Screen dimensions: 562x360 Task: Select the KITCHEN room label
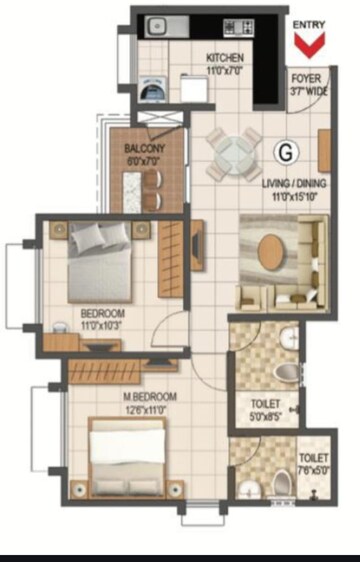(225, 58)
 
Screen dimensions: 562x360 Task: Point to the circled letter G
(286, 153)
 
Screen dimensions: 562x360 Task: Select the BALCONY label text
(145, 149)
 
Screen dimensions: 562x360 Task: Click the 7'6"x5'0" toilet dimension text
(312, 469)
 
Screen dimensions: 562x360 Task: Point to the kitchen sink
(157, 27)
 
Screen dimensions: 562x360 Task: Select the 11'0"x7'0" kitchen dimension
(225, 70)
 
